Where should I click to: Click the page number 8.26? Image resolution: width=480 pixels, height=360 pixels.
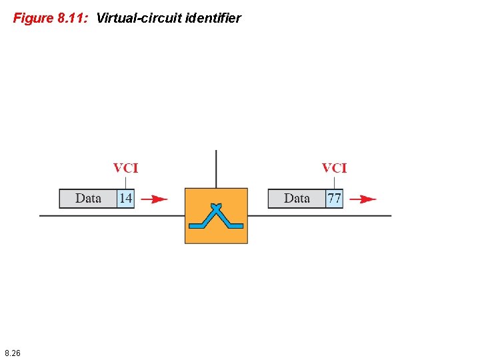coord(12,353)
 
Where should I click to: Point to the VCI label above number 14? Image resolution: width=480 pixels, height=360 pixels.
coord(125,168)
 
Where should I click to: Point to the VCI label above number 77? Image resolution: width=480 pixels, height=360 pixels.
coord(334,168)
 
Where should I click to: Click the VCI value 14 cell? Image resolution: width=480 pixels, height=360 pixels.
coord(125,199)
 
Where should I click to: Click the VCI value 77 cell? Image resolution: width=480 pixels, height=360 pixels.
coord(334,199)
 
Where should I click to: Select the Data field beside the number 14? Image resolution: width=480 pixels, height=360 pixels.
coord(88,199)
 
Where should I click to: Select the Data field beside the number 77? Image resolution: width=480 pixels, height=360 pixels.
coord(297,199)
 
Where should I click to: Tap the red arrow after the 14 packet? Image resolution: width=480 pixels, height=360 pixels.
coord(155,199)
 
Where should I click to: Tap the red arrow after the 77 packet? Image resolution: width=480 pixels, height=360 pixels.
coord(363,199)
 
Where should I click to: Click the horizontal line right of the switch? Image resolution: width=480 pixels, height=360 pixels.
coord(320,215)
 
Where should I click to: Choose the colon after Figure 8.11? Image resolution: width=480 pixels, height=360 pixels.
coord(87,19)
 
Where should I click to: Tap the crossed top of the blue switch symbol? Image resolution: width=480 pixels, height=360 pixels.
coord(216,207)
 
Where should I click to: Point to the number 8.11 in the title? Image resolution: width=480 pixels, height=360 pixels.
coord(71,18)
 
